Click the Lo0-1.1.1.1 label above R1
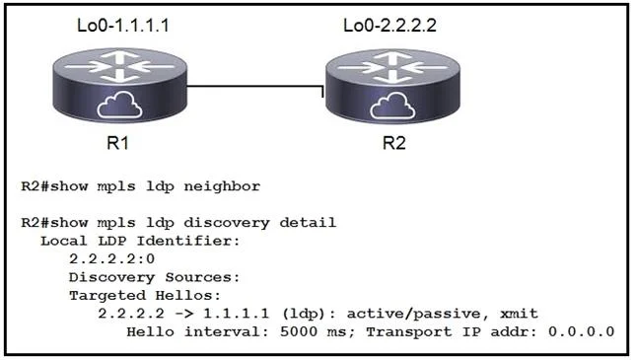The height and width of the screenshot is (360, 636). [123, 26]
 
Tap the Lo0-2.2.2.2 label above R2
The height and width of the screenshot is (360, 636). [389, 26]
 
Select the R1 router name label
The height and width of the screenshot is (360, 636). [117, 143]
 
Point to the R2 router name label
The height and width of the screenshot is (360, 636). [393, 143]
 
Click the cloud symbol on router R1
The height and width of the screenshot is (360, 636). [119, 105]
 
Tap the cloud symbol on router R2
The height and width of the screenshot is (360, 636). [392, 106]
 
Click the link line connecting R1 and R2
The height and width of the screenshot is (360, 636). [255, 86]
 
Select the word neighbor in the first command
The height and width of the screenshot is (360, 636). [222, 186]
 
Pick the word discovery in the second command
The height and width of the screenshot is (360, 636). [227, 223]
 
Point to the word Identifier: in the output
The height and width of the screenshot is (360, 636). [188, 241]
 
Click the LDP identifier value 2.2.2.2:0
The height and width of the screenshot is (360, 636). [112, 258]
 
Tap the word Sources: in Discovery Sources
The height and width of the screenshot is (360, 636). [202, 277]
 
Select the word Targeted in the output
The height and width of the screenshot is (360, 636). [107, 296]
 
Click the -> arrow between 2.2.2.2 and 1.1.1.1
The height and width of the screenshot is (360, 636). [183, 314]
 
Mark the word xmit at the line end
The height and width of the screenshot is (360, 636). [519, 314]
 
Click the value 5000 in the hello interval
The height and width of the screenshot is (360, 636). [299, 331]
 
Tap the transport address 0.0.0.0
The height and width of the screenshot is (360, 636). [581, 331]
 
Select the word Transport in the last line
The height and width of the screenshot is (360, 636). [409, 332]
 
